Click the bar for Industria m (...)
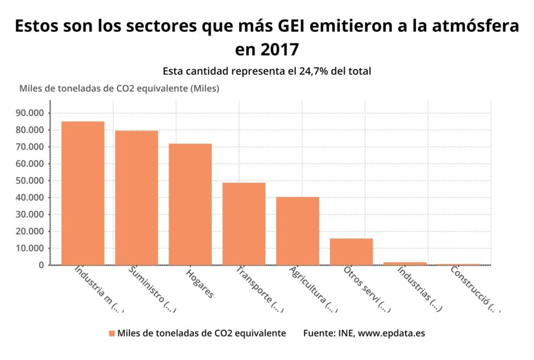83,193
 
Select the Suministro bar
137,198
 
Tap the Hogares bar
190,204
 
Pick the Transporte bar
244,223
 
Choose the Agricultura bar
298,231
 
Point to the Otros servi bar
351,251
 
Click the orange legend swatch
111,333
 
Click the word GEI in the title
270,27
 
